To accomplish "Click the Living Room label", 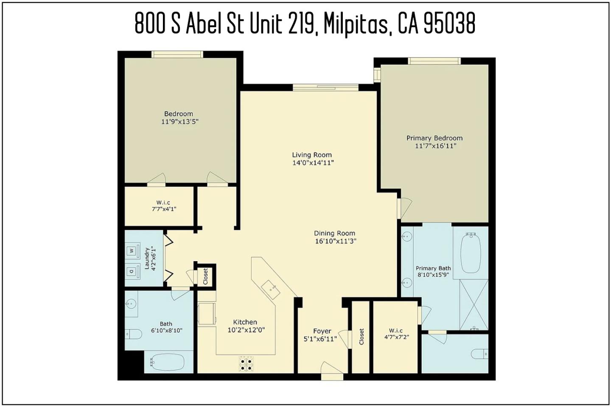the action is coord(312,155).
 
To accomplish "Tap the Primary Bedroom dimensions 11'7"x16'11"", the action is coord(436,146).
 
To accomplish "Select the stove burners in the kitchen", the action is coord(246,364).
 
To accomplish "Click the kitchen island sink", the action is coord(270,290).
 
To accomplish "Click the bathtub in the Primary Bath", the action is coord(471,253).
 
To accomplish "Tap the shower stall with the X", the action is coord(474,304).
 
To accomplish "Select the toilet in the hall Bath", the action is coord(133,334).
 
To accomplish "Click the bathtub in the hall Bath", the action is coord(167,362).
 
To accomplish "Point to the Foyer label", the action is coord(322,331).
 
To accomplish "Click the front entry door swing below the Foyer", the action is coord(331,368).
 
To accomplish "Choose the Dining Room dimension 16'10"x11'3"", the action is coord(336,241).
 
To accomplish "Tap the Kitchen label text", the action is coord(245,322).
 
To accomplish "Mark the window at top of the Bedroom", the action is coord(177,54).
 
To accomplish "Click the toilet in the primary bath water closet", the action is coord(480,354).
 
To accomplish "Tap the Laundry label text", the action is coord(147,258).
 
